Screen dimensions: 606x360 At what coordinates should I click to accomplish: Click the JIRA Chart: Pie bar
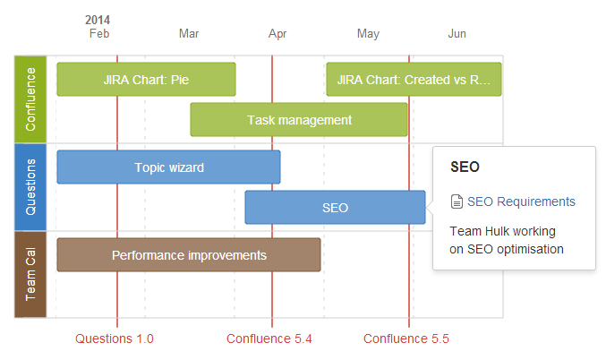pos(146,80)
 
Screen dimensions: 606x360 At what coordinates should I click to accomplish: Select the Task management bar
pos(299,119)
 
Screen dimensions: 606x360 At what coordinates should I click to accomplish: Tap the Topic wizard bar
pos(168,167)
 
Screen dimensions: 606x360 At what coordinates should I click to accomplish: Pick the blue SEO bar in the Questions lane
pos(335,207)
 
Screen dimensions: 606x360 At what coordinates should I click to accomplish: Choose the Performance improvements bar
pos(189,255)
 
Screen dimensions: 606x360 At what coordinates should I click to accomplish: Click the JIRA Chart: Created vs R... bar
pos(414,80)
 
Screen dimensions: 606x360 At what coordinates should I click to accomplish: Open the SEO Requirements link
pos(521,201)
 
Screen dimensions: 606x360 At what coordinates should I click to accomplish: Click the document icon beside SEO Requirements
pos(457,201)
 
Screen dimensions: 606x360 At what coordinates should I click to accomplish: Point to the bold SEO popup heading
pos(465,167)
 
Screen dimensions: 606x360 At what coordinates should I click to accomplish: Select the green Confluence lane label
pos(30,99)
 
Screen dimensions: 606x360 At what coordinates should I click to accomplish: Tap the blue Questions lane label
pos(30,187)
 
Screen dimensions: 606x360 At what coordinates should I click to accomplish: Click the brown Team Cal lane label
pos(30,275)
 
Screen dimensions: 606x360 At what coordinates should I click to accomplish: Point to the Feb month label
pos(99,34)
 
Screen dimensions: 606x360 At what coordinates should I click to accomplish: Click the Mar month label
pos(189,34)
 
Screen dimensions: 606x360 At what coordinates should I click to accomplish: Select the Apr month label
pos(277,34)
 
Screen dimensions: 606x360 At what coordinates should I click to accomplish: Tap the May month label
pos(368,34)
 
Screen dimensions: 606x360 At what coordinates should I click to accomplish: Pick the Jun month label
pos(457,34)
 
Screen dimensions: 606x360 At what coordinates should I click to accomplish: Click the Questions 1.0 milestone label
pos(115,339)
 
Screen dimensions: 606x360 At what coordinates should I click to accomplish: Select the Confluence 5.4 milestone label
pos(269,339)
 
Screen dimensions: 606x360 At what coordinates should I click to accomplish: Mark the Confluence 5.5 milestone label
pos(406,339)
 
